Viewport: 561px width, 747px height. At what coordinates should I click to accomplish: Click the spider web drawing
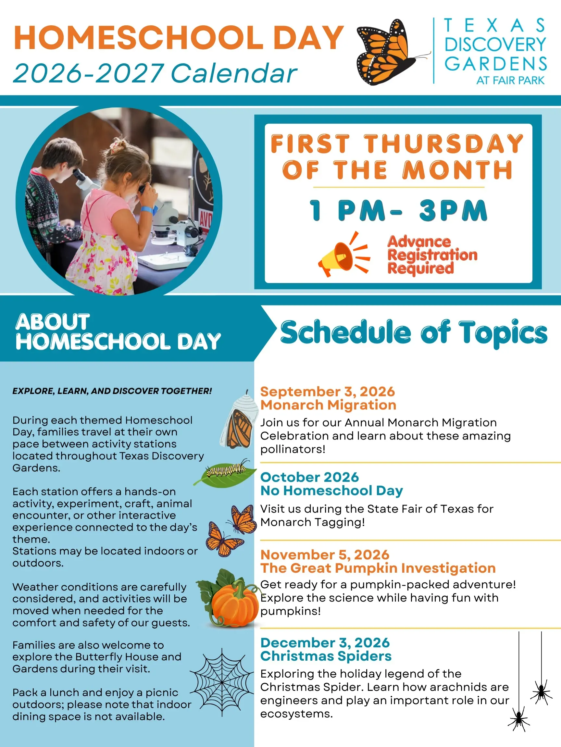[222, 682]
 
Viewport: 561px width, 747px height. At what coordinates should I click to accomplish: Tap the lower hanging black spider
[519, 719]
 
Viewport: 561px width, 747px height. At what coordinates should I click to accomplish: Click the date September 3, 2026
[328, 392]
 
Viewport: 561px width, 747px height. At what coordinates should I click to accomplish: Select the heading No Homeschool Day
[332, 491]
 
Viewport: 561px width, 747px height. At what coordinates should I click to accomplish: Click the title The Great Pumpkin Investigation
[378, 568]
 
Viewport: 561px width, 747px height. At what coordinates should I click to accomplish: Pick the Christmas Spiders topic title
[326, 656]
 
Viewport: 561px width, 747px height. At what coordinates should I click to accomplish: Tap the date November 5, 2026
[325, 555]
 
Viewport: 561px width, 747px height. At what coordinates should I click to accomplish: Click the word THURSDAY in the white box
[444, 144]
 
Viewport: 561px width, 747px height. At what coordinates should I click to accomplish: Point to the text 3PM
[453, 210]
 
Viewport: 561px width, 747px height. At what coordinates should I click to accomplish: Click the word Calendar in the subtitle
[234, 73]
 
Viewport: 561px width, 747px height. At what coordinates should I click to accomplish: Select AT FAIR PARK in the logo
[510, 81]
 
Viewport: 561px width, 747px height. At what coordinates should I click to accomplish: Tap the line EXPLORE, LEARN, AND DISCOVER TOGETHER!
[112, 391]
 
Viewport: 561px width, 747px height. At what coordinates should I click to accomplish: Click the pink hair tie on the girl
[116, 145]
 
